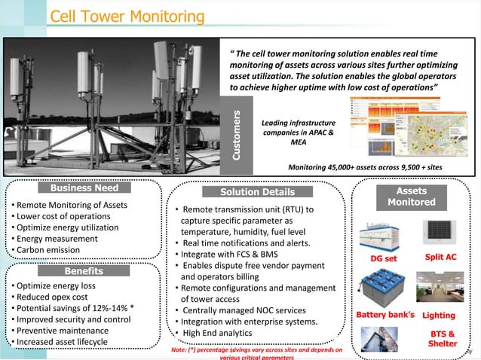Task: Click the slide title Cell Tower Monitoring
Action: [127, 17]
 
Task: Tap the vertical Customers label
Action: [236, 136]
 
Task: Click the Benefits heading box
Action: [83, 270]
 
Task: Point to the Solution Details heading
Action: [257, 192]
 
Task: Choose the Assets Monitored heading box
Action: [411, 197]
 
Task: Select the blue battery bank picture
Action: [383, 288]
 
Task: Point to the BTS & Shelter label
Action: [442, 338]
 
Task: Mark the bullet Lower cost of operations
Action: [63, 216]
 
